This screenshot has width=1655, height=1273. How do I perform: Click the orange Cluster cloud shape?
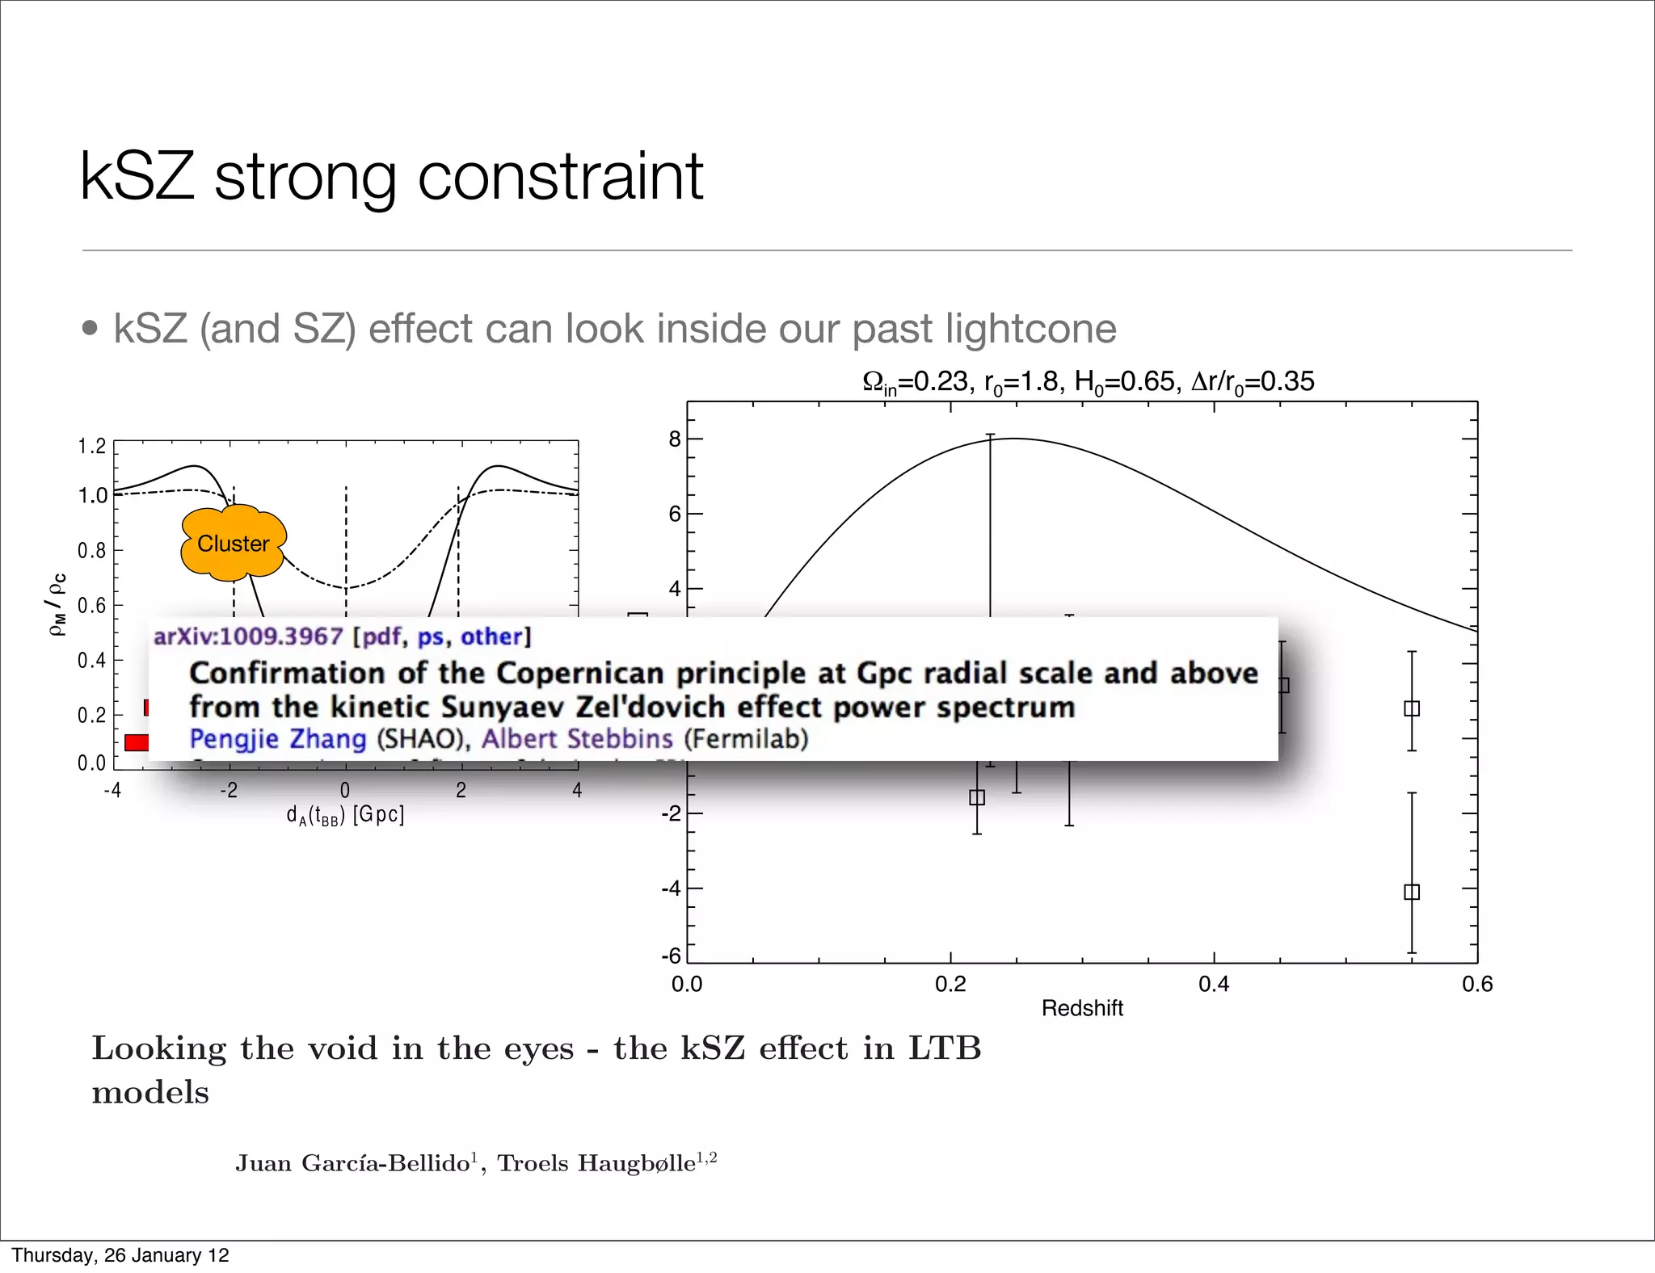tap(233, 543)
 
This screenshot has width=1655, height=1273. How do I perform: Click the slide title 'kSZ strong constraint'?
tap(391, 175)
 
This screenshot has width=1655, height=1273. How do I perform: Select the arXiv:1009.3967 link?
tap(248, 636)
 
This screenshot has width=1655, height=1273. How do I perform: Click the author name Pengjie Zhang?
tap(278, 739)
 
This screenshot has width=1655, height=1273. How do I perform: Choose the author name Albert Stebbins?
tap(577, 739)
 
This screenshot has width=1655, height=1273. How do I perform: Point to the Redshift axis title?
tap(1082, 1008)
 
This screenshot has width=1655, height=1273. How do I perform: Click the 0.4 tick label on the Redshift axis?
tap(1214, 984)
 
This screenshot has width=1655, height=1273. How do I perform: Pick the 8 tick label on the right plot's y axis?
tap(675, 439)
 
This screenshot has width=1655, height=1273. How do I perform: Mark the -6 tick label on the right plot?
tap(672, 956)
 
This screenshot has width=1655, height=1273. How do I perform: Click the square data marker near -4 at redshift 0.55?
tap(1412, 892)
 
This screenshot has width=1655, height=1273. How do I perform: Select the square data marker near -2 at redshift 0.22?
tap(977, 797)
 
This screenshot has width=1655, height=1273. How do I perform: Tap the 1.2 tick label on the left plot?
tap(92, 447)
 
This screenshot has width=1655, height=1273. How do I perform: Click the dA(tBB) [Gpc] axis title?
tap(345, 814)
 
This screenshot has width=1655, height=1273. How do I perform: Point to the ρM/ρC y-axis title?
tap(57, 604)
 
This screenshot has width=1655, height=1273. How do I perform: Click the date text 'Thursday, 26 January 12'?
tap(120, 1255)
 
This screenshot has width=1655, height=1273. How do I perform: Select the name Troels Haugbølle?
tap(596, 1163)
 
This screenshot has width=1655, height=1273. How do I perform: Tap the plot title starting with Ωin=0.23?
tap(1088, 381)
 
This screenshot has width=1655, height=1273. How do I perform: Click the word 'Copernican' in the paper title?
tap(581, 673)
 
